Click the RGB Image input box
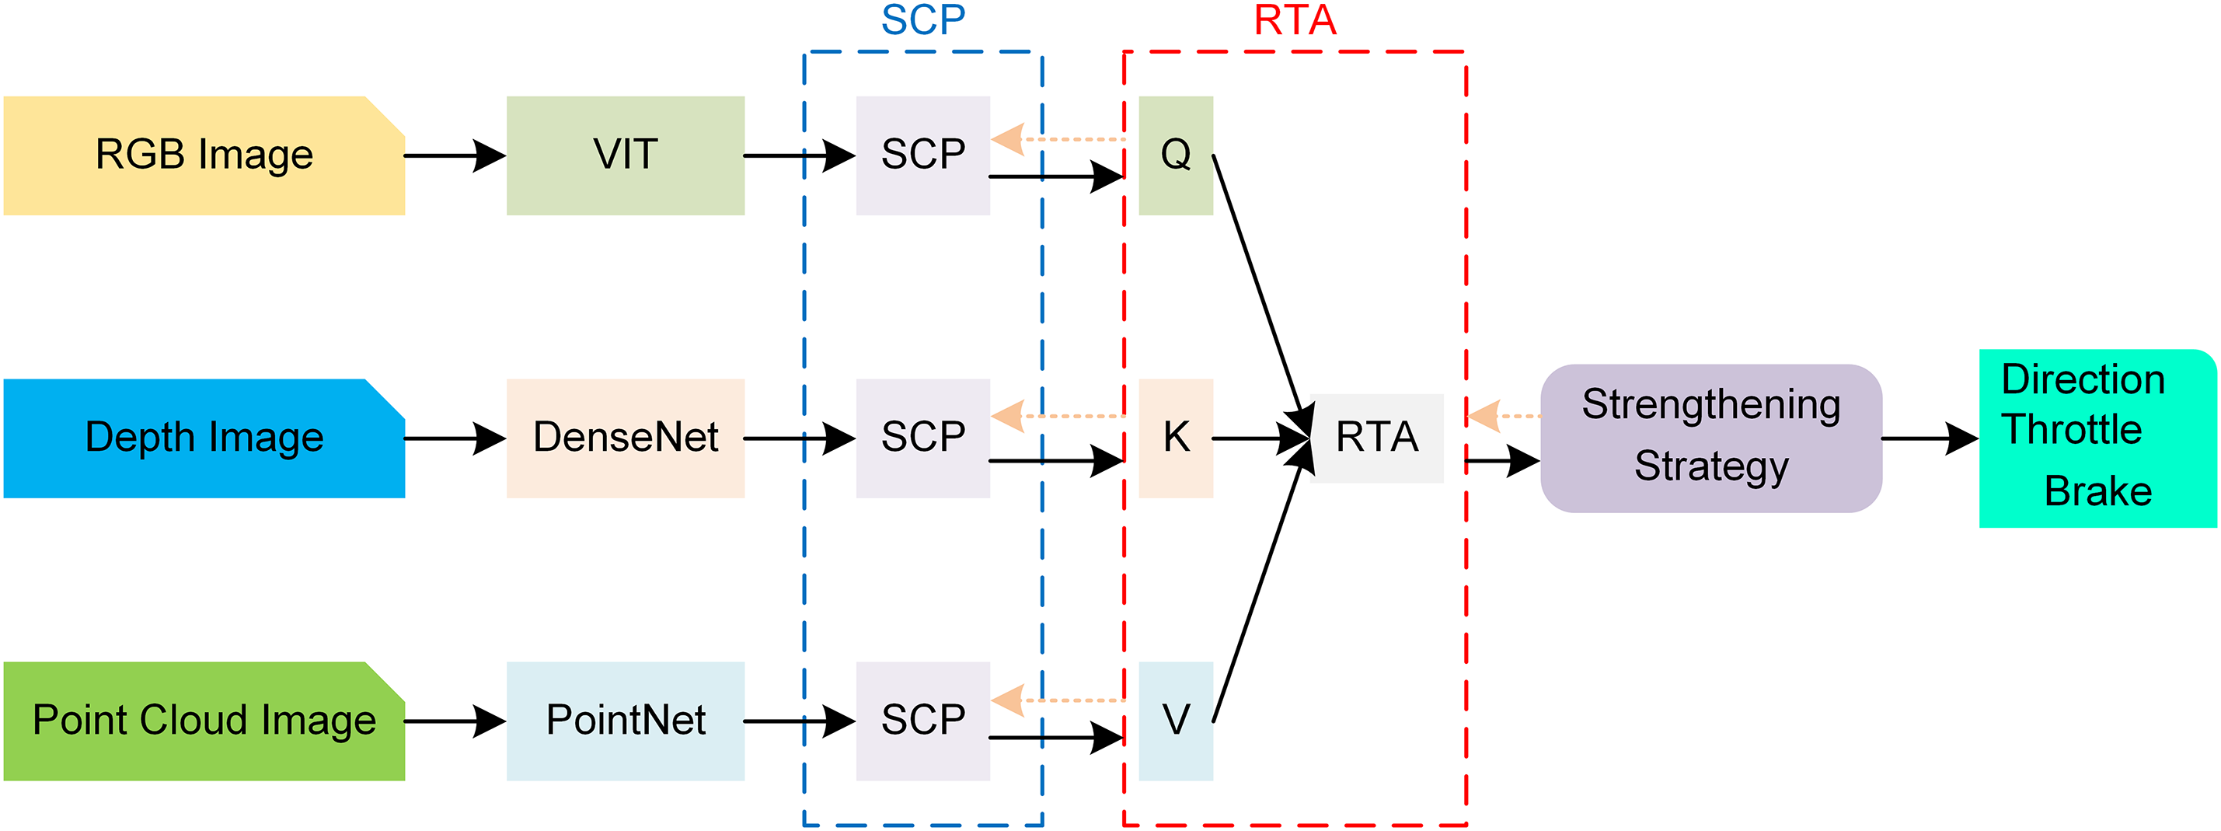(204, 155)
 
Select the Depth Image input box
(204, 438)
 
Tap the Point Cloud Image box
(204, 721)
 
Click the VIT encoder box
(625, 155)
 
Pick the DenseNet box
(625, 438)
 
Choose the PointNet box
(625, 721)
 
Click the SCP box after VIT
(922, 155)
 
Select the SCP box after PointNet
(922, 721)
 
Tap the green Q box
(1175, 155)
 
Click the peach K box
(1175, 438)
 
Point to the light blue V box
(1175, 721)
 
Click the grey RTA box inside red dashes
(1376, 438)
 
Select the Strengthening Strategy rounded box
(1710, 438)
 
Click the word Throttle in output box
(2071, 429)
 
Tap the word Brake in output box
(2097, 491)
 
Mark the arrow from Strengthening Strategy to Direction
(1929, 438)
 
